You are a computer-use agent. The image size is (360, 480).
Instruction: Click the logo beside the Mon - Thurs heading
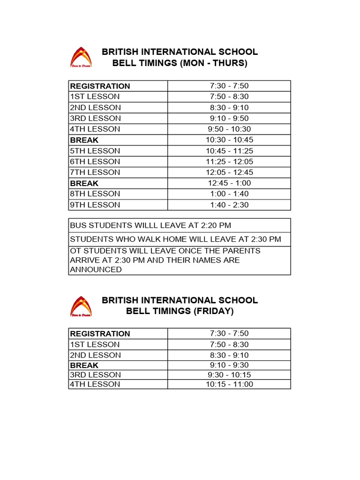point(81,57)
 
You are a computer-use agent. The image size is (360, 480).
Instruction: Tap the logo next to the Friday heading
point(81,306)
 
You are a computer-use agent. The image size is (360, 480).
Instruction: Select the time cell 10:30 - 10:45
point(229,140)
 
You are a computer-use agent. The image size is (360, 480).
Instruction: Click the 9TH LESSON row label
point(95,205)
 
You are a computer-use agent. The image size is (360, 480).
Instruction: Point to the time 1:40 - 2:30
point(229,205)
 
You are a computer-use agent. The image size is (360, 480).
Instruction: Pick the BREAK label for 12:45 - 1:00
point(84,183)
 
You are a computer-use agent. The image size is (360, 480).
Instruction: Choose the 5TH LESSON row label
point(95,151)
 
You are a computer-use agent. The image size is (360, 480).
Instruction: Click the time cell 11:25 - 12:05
point(229,162)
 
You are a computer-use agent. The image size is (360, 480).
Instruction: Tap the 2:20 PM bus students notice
point(150,225)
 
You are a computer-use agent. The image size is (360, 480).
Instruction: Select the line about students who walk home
point(175,239)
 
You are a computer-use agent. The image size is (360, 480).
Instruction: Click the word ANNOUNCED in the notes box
point(96,270)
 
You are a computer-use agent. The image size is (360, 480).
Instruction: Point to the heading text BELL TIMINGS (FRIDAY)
point(180,311)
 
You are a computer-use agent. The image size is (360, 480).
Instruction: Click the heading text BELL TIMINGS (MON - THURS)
point(180,63)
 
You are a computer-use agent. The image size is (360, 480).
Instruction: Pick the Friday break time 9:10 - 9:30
point(229,365)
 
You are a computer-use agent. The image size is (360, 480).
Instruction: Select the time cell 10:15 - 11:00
point(229,384)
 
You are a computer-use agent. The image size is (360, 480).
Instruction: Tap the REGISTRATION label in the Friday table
point(100,334)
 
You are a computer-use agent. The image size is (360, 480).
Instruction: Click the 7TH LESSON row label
point(95,172)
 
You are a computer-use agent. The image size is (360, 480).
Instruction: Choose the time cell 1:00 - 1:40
point(229,194)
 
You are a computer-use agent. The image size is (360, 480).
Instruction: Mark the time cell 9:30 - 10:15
point(229,375)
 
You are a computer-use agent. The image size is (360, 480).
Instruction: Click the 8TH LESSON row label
point(95,194)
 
